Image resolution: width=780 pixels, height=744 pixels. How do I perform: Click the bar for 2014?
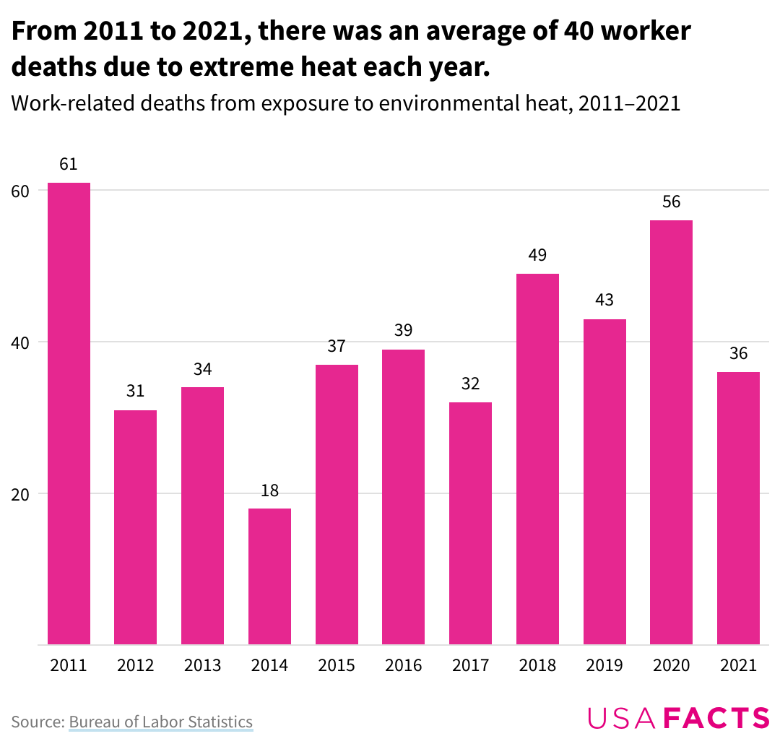point(269,576)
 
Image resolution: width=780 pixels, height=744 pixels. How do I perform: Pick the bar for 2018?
point(537,459)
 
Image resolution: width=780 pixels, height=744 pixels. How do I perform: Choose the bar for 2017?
point(470,523)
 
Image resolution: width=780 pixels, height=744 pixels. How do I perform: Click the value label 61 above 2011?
point(69,164)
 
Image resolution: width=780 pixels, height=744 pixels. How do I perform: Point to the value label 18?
point(269,490)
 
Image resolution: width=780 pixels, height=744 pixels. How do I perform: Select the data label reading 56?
point(671,202)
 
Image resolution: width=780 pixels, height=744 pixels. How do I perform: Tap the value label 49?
point(537,255)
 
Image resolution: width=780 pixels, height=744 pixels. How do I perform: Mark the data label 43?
point(604,300)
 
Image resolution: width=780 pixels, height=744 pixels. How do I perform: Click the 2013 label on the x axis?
point(202,665)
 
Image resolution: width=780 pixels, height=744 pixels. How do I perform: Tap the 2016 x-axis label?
point(403,665)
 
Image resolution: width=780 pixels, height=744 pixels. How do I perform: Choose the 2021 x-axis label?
point(738,665)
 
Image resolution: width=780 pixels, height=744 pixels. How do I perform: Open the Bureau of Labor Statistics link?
point(160,722)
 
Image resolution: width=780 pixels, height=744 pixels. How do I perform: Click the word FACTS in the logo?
point(716,718)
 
